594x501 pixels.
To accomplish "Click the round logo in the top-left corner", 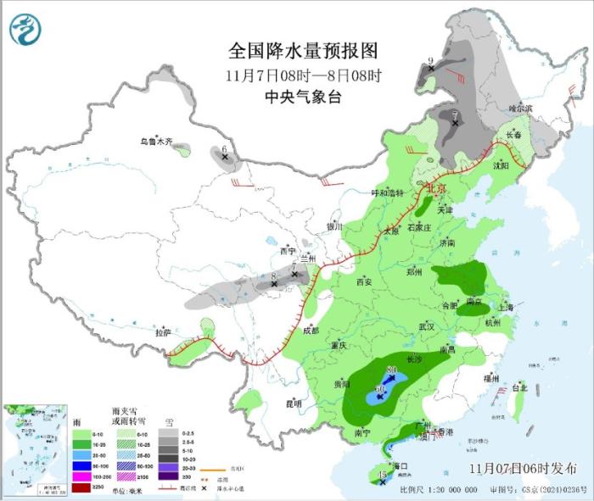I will click(x=26, y=31).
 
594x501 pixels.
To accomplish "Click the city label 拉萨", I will click(x=163, y=332).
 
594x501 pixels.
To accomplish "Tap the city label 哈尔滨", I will click(x=519, y=109).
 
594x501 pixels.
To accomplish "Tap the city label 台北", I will click(x=518, y=387).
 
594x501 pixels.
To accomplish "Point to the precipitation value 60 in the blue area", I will click(x=380, y=389).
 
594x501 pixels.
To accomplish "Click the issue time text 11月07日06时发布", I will click(x=521, y=468).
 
